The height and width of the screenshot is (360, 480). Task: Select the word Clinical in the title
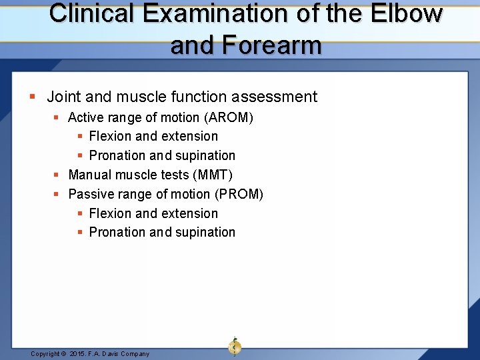pyautogui.click(x=91, y=14)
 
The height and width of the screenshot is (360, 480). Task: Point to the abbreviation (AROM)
pyautogui.click(x=228, y=118)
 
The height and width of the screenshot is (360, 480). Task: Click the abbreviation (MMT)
pyautogui.click(x=213, y=175)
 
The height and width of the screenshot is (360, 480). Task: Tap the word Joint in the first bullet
pyautogui.click(x=62, y=97)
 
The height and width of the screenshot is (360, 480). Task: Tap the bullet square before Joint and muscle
pyautogui.click(x=33, y=97)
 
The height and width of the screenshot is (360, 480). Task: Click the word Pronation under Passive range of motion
pyautogui.click(x=117, y=233)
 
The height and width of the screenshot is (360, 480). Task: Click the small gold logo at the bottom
pyautogui.click(x=234, y=346)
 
